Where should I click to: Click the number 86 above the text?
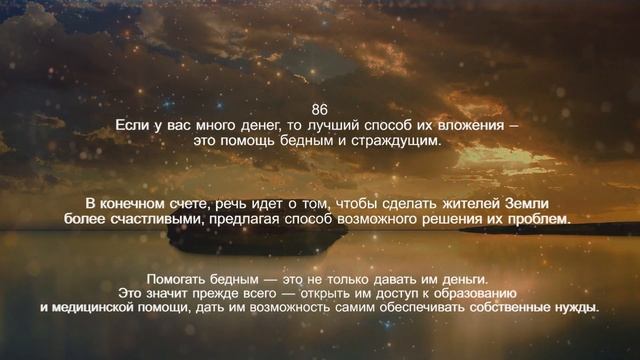click(x=319, y=109)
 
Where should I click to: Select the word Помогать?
click(x=178, y=278)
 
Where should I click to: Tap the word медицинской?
click(x=103, y=308)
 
